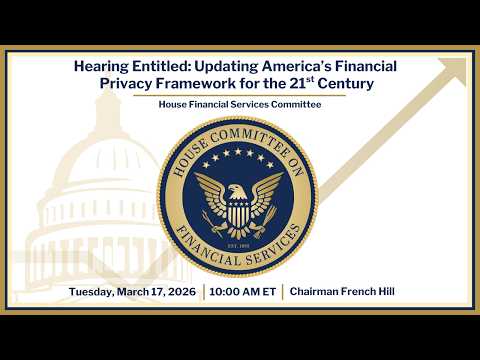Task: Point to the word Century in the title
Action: tap(341, 84)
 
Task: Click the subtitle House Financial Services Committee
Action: tap(239, 105)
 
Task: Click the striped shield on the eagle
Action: tap(238, 212)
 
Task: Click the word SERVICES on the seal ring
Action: tap(282, 243)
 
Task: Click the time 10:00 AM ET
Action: tap(243, 292)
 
